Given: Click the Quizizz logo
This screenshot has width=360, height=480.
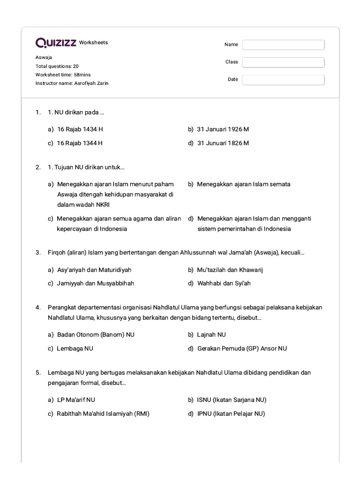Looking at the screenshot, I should pyautogui.click(x=56, y=43).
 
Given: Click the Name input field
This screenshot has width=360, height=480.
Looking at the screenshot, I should pyautogui.click(x=283, y=45).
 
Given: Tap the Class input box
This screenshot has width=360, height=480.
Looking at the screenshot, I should pyautogui.click(x=283, y=62).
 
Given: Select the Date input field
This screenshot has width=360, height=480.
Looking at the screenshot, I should pyautogui.click(x=283, y=80).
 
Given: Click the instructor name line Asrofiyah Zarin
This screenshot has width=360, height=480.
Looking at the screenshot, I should pyautogui.click(x=72, y=83).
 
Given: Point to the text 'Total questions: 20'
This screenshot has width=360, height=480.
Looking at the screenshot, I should pyautogui.click(x=57, y=66).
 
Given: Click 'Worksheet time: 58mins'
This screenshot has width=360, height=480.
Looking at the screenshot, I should pyautogui.click(x=63, y=75).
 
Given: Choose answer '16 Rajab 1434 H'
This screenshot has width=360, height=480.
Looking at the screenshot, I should pyautogui.click(x=80, y=129).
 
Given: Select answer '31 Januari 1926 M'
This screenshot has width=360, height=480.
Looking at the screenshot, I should pyautogui.click(x=223, y=129).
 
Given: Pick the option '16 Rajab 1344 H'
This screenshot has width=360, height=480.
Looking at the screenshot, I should pyautogui.click(x=80, y=143).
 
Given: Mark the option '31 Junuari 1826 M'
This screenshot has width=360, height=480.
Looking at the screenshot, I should pyautogui.click(x=223, y=143).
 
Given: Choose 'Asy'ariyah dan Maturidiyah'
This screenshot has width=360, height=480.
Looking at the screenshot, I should pyautogui.click(x=94, y=270).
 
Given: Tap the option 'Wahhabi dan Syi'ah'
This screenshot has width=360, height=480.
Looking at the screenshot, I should pyautogui.click(x=224, y=284).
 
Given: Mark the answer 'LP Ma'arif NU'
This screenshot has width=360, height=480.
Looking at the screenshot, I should pyautogui.click(x=76, y=400).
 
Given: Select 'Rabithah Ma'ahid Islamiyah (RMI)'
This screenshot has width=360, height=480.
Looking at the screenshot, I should pyautogui.click(x=103, y=413).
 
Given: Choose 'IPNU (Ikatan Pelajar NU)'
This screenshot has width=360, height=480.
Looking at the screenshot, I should pyautogui.click(x=231, y=413).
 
